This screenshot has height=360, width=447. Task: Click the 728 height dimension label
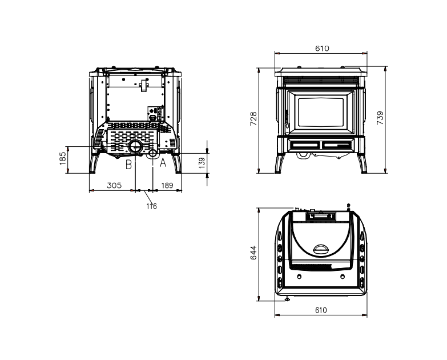tap(253, 119)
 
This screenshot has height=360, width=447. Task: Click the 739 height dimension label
tap(380, 118)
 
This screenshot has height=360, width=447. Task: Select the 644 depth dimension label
tap(253, 253)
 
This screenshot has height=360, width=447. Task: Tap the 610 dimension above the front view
tap(322, 49)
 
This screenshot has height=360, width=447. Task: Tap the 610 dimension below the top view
tap(321, 310)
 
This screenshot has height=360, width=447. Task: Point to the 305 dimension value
tap(114, 185)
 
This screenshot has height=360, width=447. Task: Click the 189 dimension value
tap(167, 185)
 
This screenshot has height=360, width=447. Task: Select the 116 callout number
tap(152, 206)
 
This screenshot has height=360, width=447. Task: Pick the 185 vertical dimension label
tap(63, 158)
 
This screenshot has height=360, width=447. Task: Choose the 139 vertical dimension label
tap(202, 163)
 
